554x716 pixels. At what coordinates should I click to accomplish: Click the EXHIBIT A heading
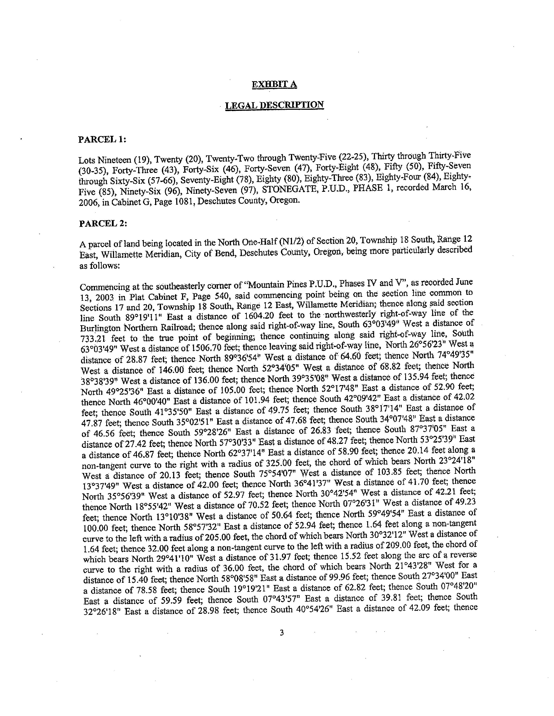[x=274, y=85]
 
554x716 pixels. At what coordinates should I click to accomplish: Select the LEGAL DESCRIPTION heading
[x=274, y=105]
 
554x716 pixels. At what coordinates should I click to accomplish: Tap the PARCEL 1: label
[x=102, y=140]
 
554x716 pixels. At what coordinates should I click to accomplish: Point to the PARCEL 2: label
[x=103, y=223]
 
